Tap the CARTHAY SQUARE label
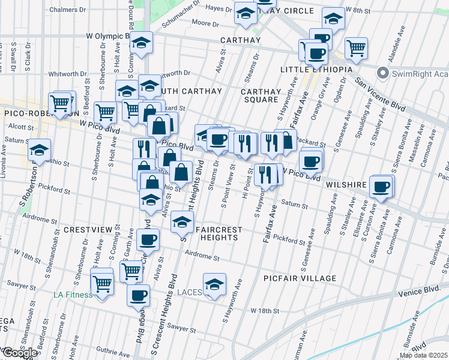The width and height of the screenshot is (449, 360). click(261, 96)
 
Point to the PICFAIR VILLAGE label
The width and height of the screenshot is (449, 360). click(300, 278)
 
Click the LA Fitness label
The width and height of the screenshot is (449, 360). click(73, 295)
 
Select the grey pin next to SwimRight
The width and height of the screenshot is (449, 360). click(382, 73)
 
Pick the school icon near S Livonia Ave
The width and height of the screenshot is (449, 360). click(40, 151)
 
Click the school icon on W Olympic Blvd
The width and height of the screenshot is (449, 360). click(142, 43)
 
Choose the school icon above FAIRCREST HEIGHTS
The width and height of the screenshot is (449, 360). click(182, 223)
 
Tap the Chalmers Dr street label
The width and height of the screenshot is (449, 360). click(68, 10)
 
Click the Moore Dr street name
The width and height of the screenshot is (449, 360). click(205, 23)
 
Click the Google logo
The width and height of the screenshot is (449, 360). click(20, 353)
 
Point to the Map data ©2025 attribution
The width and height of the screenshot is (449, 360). click(424, 355)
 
